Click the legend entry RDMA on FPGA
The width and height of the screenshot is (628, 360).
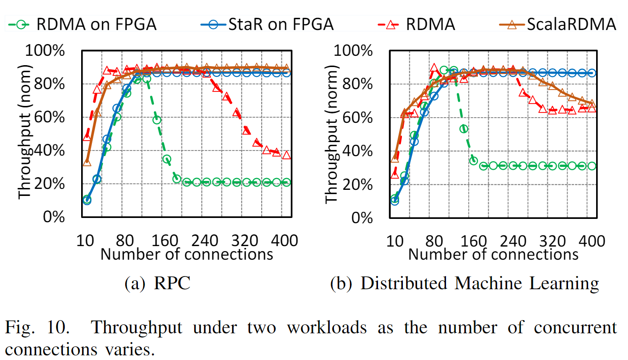84,24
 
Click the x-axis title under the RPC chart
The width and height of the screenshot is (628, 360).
187,254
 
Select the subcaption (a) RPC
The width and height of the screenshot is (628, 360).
157,283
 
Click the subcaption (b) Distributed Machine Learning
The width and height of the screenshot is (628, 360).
464,283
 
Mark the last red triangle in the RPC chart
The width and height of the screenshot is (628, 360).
286,155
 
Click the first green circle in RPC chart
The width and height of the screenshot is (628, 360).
87,200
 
